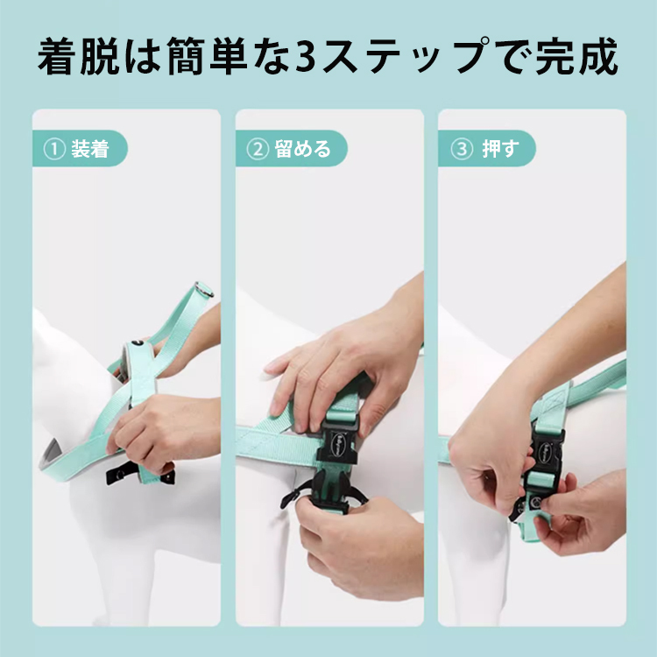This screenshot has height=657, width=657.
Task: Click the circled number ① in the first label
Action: click(x=55, y=149)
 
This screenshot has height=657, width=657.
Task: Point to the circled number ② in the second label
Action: click(x=258, y=149)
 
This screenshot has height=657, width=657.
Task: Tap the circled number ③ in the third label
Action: click(x=461, y=149)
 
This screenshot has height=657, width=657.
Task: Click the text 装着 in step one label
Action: click(x=90, y=149)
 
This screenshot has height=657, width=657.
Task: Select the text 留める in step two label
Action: click(x=303, y=149)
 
